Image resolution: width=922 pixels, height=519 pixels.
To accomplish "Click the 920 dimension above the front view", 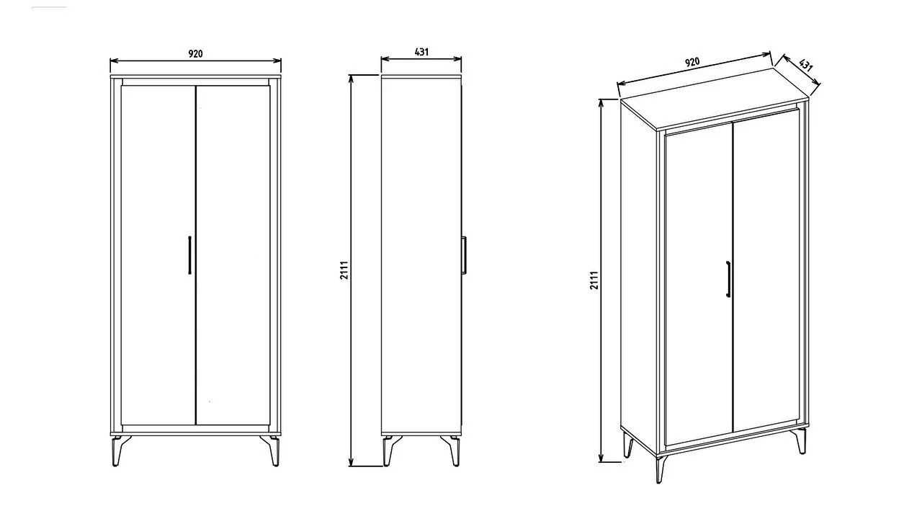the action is (x=195, y=54).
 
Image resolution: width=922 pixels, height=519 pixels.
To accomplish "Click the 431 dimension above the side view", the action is (x=421, y=53).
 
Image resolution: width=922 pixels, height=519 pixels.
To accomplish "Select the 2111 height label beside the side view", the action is (x=344, y=270).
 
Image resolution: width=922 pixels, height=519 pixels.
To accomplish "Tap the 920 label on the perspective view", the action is (x=692, y=62).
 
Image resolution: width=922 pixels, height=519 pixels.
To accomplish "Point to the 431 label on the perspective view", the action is (x=805, y=65).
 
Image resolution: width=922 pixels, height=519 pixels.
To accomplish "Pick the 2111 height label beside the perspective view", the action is (x=594, y=280).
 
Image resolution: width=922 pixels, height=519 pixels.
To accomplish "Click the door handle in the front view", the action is (x=189, y=255).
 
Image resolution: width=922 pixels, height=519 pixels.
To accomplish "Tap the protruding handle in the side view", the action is (x=464, y=255).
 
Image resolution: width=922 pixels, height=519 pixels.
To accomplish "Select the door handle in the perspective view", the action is (x=728, y=279).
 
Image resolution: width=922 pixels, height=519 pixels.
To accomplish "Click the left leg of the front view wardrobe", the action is (x=119, y=451).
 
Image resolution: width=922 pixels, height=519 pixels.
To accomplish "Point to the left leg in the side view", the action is (x=390, y=451).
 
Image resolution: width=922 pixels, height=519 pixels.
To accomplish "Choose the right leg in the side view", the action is (x=452, y=451).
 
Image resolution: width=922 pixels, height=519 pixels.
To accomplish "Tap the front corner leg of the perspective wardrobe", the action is (x=661, y=469).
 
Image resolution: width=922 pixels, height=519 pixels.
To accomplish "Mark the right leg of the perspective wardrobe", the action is (x=801, y=440).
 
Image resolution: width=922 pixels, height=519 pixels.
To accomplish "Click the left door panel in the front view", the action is (x=158, y=255).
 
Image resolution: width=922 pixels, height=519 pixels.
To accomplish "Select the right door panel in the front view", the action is (x=233, y=255).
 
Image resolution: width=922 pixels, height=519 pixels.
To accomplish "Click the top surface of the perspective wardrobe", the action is (x=715, y=99).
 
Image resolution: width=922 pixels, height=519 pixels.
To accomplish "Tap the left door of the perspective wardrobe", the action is (x=699, y=284).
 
